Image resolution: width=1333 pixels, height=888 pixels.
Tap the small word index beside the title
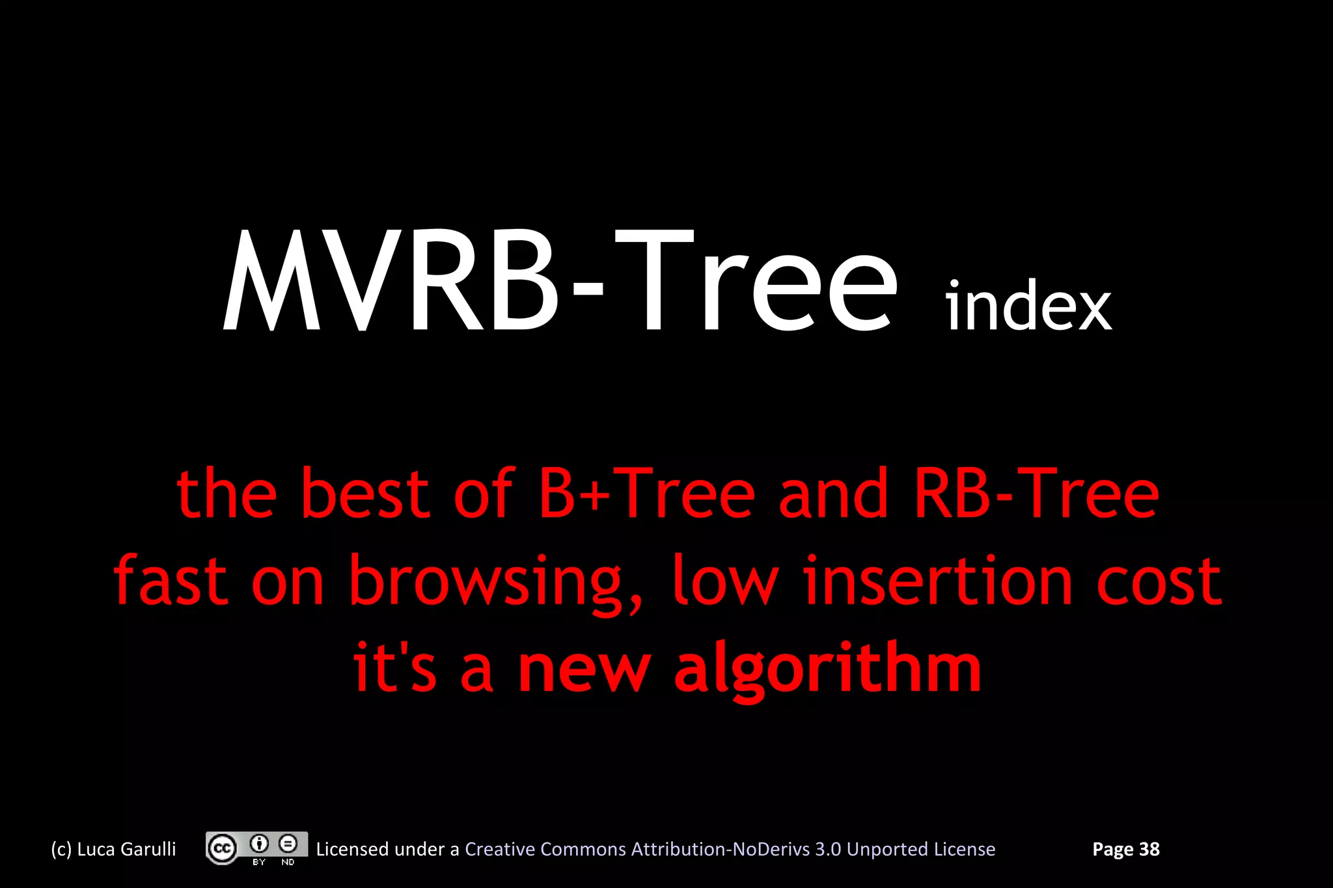[1028, 306]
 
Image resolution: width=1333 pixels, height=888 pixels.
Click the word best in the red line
[364, 494]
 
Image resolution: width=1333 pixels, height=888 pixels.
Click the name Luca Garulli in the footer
[126, 849]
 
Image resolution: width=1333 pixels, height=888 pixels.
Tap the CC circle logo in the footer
[222, 848]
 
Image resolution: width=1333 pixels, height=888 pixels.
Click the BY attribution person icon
[259, 844]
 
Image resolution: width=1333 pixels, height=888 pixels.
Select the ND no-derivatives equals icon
[288, 844]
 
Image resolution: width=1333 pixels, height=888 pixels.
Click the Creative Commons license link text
[730, 849]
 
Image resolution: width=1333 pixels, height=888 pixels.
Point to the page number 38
[1149, 849]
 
